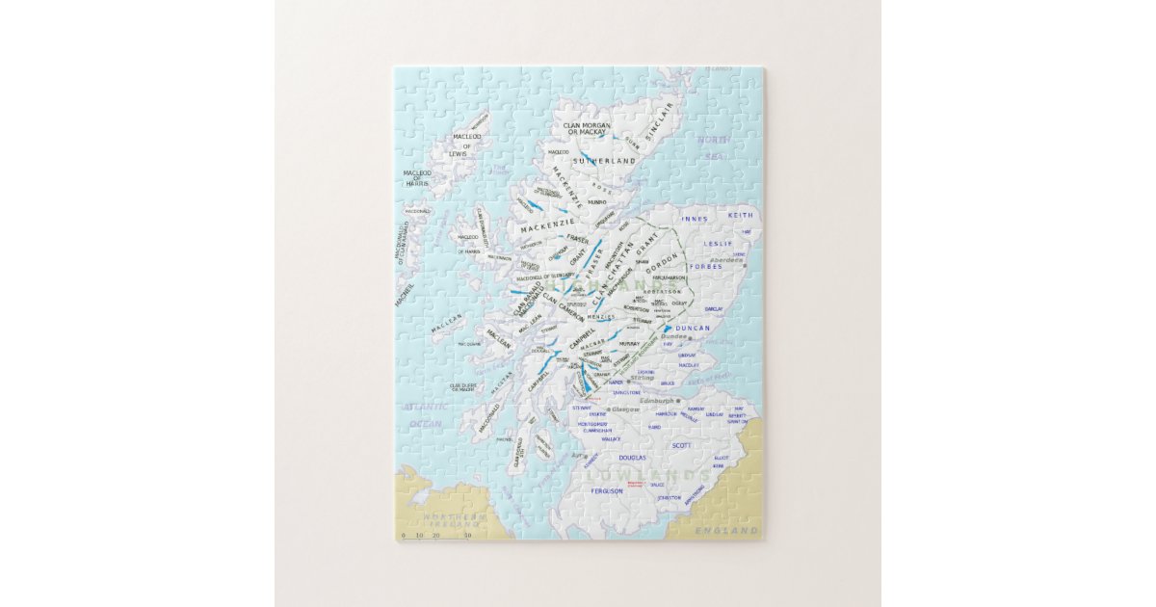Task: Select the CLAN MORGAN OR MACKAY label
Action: coord(591,128)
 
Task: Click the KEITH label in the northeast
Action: coord(741,216)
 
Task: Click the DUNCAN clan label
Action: coord(692,329)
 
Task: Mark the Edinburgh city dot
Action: coord(678,401)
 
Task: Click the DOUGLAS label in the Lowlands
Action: coord(632,459)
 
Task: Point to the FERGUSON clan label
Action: coord(607,490)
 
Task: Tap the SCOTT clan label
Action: coord(681,445)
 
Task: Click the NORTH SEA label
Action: coord(715,146)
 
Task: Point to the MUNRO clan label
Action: coord(597,202)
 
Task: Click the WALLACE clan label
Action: coord(610,438)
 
